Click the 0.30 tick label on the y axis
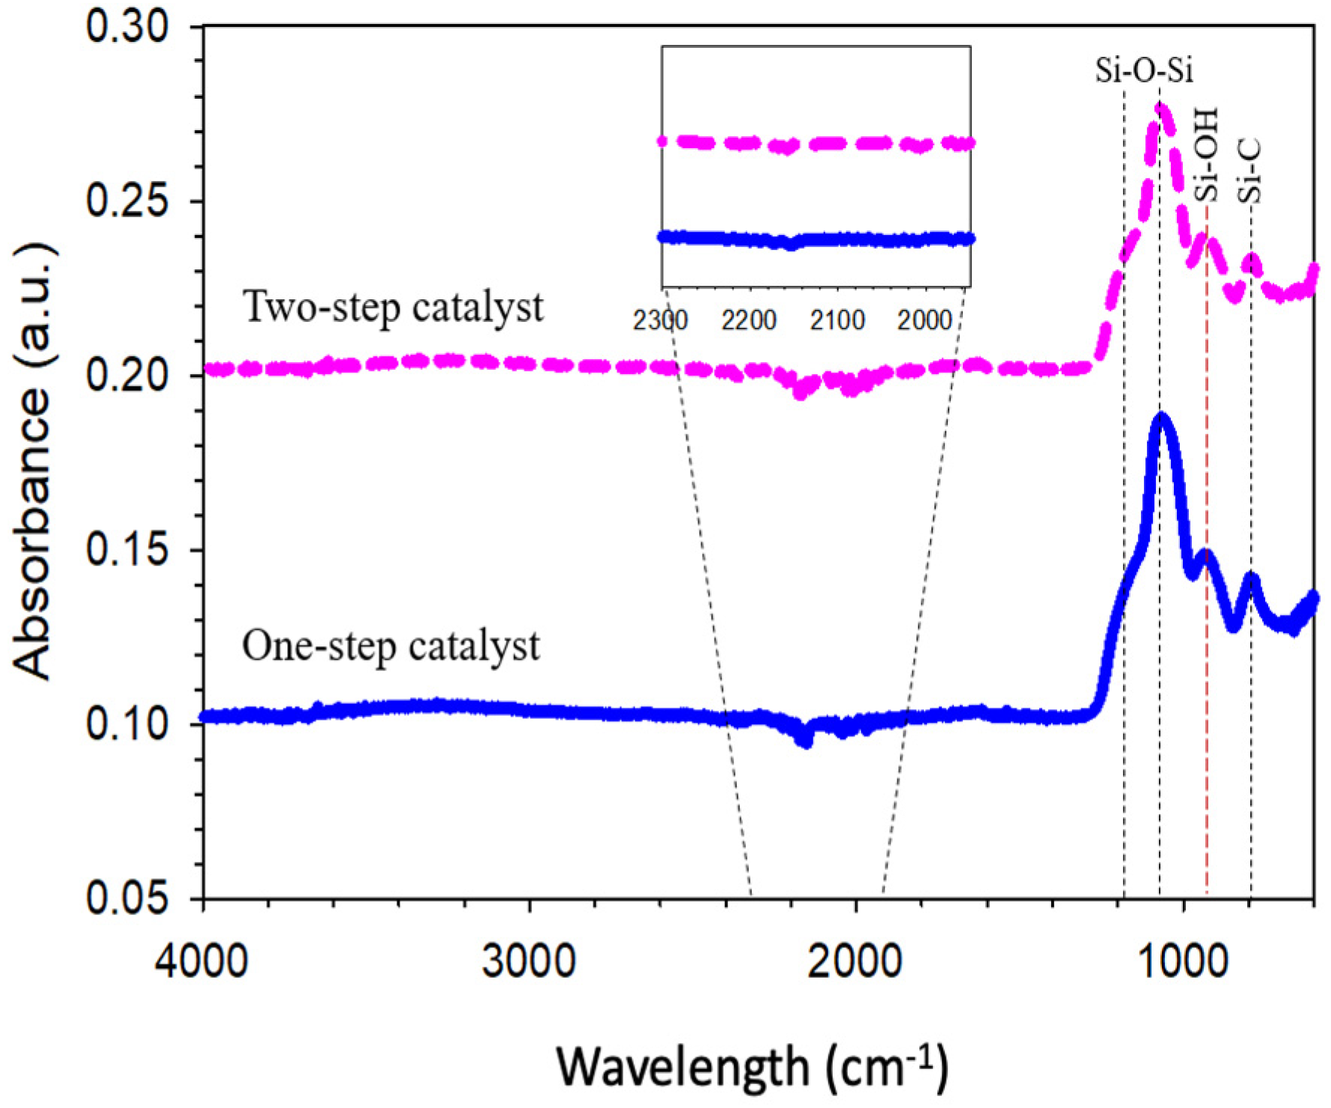click(128, 27)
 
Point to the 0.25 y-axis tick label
click(128, 201)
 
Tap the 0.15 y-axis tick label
click(128, 550)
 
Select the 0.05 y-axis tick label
click(128, 899)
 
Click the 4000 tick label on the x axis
click(201, 961)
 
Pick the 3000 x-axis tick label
click(528, 961)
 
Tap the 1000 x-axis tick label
click(1183, 961)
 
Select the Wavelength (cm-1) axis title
click(753, 1065)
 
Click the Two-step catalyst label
click(394, 307)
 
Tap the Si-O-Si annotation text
click(1144, 70)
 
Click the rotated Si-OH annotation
click(1205, 156)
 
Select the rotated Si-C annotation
click(1249, 171)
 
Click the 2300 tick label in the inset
click(660, 321)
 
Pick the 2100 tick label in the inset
click(837, 321)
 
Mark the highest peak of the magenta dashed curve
click(1161, 108)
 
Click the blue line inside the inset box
click(816, 239)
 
